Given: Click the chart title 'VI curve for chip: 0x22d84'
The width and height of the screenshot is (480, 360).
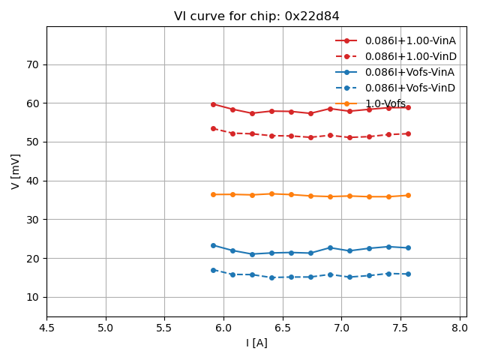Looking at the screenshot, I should (256, 16).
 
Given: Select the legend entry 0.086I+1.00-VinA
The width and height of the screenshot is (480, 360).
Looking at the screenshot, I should (410, 40).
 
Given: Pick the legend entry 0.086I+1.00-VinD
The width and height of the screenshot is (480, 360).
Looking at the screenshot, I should (410, 56).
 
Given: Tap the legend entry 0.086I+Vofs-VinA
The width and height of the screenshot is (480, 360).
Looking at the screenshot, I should (410, 72).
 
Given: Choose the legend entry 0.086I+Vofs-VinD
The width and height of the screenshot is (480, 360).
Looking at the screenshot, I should (410, 88).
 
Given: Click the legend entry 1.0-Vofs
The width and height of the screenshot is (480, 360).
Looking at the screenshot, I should (385, 103).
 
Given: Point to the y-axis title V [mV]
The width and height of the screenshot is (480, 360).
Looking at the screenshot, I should (16, 171).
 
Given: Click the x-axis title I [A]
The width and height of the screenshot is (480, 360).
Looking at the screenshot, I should (256, 343).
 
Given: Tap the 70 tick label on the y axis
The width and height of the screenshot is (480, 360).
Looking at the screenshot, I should (32, 64).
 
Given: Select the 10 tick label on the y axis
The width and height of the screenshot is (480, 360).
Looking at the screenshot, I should (32, 297).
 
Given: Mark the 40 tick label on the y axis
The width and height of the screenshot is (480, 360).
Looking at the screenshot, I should (32, 181).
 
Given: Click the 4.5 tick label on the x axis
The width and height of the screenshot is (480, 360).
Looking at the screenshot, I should (46, 327).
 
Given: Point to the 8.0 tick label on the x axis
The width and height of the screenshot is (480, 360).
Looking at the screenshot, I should (460, 327).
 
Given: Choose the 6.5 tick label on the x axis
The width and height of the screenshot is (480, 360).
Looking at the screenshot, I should (283, 327).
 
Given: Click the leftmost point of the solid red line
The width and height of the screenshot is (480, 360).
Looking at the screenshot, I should (213, 104).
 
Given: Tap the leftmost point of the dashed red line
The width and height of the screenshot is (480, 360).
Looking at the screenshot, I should (213, 128).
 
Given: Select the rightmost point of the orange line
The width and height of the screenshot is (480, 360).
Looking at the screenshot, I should (408, 195).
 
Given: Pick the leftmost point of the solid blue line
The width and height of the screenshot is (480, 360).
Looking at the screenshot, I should (213, 245).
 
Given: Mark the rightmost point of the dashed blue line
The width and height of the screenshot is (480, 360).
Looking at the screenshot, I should (408, 274).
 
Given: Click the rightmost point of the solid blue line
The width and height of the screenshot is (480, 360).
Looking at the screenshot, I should (408, 247).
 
